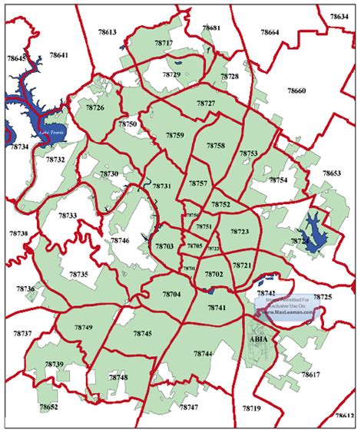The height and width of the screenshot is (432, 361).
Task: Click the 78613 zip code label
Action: (107, 32)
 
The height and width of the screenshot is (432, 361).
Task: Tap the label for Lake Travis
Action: (55, 131)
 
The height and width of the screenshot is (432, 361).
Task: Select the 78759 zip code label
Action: (174, 135)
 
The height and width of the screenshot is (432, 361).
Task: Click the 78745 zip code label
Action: (142, 334)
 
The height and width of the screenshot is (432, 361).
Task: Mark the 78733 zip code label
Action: (68, 216)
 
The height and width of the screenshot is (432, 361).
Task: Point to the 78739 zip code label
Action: (54, 364)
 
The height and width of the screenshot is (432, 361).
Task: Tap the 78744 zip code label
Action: (202, 354)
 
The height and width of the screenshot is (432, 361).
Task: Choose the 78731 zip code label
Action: (162, 186)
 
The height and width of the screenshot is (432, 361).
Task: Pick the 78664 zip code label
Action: (269, 32)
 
